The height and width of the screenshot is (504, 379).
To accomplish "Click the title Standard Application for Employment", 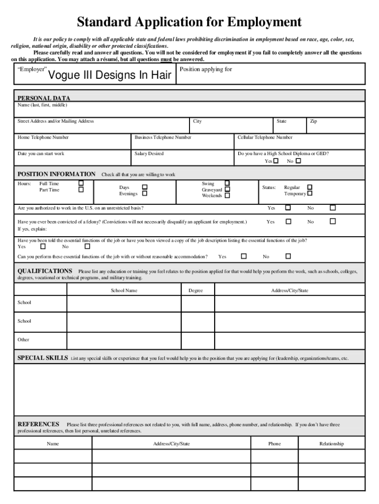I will pyautogui.click(x=189, y=22).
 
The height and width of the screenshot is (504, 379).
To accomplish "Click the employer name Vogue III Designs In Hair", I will pyautogui.click(x=110, y=75).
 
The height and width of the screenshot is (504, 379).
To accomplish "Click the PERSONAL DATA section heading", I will pyautogui.click(x=44, y=98).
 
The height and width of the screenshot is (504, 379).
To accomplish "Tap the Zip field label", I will pyautogui.click(x=313, y=121).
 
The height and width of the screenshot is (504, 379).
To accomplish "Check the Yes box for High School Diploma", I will pyautogui.click(x=276, y=161).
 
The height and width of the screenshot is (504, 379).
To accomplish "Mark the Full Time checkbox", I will pyautogui.click(x=81, y=184).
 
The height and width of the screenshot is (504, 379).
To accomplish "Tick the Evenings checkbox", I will pyautogui.click(x=145, y=193).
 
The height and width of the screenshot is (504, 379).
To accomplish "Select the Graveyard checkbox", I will pyautogui.click(x=227, y=189).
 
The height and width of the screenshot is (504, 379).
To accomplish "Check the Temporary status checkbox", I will pyautogui.click(x=310, y=193).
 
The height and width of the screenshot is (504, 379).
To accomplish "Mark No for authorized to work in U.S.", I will pyautogui.click(x=333, y=208).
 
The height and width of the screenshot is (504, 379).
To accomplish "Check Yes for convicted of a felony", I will pyautogui.click(x=288, y=221).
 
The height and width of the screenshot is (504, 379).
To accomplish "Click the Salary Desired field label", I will pyautogui.click(x=149, y=154).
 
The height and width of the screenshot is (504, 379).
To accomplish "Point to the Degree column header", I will pyautogui.click(x=195, y=290).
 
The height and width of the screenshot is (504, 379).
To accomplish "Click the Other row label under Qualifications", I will pyautogui.click(x=24, y=340).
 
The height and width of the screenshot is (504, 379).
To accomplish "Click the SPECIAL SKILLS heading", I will pyautogui.click(x=43, y=358).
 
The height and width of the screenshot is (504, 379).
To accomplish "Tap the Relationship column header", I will pyautogui.click(x=331, y=443).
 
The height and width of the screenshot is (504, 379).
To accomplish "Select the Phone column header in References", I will pyautogui.click(x=275, y=443).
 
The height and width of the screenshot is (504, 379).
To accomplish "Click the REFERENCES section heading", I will pyautogui.click(x=38, y=424).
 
